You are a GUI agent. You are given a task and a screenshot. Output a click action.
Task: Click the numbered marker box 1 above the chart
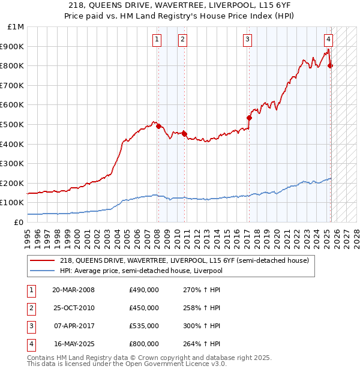157,40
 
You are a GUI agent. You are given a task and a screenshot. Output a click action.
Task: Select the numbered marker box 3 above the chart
247,40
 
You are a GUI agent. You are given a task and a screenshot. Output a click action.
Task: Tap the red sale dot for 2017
249,118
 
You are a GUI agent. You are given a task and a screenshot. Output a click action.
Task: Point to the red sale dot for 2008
158,127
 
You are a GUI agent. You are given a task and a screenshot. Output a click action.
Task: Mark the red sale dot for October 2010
184,134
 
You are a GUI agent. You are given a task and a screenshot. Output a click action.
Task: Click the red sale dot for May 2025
331,65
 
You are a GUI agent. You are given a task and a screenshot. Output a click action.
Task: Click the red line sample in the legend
43,261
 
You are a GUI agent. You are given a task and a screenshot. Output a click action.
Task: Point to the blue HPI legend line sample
43,271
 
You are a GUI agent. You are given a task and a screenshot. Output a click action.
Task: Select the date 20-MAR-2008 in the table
73,290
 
